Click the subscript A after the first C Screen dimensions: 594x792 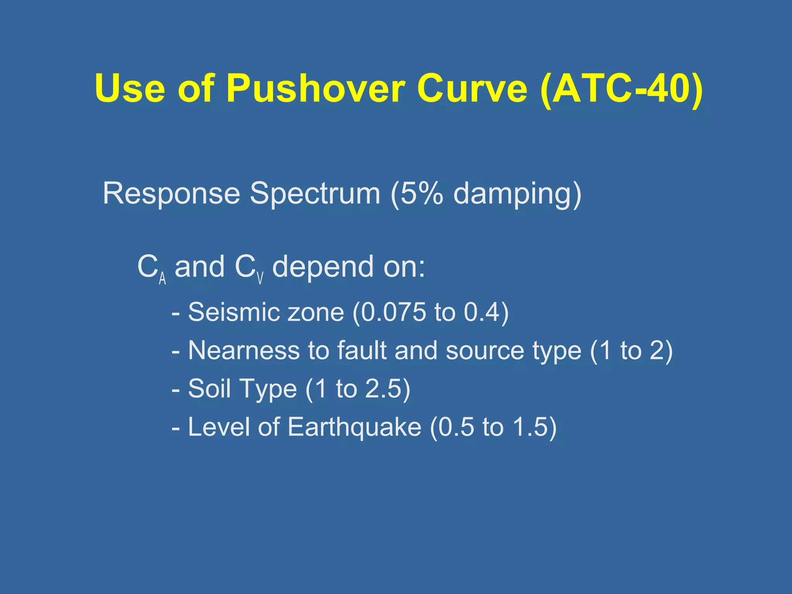tap(162, 278)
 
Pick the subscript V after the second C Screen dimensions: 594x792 tap(260, 278)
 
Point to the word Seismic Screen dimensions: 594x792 tap(233, 312)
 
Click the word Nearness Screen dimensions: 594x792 tap(244, 350)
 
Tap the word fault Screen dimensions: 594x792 tap(361, 350)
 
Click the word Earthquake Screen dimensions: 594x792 tap(354, 427)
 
